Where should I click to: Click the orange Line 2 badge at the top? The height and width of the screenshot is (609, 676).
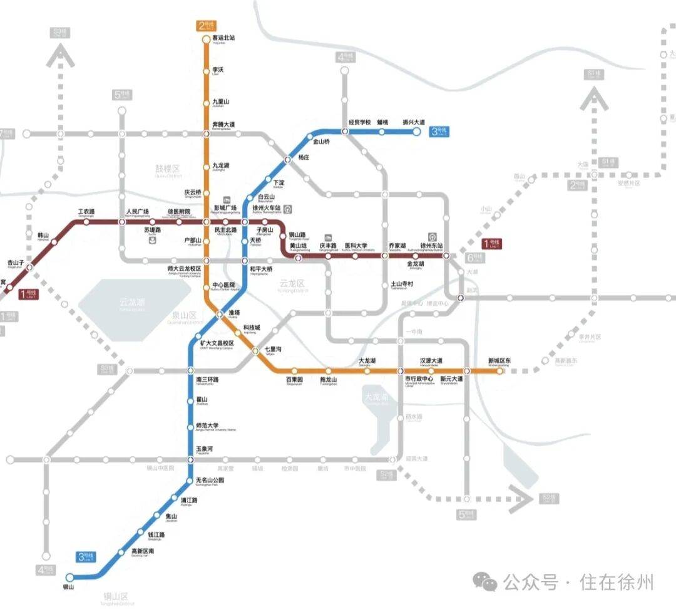(207, 26)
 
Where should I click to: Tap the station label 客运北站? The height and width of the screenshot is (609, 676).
(223, 38)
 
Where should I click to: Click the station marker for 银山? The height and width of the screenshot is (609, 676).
(69, 577)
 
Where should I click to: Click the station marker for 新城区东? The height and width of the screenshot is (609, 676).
(499, 371)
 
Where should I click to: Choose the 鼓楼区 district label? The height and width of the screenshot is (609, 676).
(167, 169)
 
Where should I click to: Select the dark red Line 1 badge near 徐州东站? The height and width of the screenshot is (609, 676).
(493, 243)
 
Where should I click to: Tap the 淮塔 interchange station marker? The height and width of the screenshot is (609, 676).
(220, 314)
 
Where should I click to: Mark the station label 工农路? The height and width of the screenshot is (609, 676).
(86, 211)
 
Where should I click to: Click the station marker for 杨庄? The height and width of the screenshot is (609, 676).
(288, 159)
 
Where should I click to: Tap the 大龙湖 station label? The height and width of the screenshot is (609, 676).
(367, 361)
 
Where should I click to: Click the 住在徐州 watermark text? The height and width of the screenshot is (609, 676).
(617, 582)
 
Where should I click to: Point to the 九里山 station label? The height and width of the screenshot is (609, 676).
(221, 101)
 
